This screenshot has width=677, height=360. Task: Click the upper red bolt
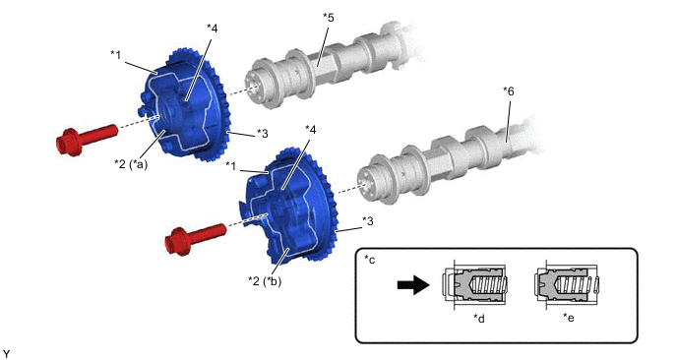(87, 139)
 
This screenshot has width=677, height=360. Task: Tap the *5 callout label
(328, 18)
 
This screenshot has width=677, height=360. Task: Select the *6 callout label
(509, 91)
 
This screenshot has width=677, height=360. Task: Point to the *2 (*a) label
(131, 164)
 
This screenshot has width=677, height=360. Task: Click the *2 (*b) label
(265, 281)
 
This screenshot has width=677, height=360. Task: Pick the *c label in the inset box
(370, 260)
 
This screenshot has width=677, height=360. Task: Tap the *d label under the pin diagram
(479, 318)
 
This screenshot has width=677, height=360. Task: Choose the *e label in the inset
(569, 318)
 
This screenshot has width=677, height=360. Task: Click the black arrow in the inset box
(413, 285)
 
